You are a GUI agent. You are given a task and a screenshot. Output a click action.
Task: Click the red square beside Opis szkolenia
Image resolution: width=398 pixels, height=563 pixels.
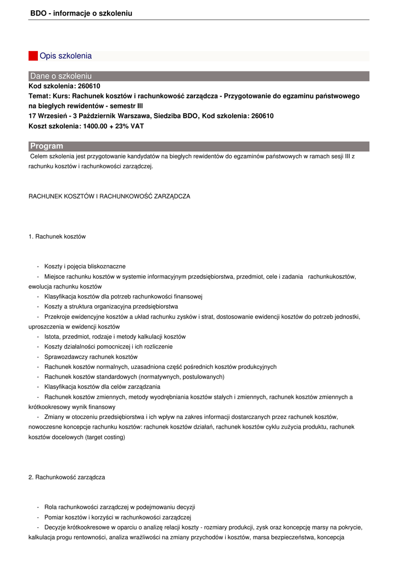33,56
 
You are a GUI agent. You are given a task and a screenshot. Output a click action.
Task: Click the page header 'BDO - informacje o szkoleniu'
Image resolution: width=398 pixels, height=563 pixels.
81,13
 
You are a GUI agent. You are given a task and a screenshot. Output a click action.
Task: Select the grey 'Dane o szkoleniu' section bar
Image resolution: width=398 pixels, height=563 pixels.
199,76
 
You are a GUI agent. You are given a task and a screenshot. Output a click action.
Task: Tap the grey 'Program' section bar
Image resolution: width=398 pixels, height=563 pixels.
199,146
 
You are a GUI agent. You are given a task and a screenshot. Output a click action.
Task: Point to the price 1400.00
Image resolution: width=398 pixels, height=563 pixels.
96,126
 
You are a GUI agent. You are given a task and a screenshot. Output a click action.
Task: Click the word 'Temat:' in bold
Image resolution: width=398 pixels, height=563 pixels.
40,96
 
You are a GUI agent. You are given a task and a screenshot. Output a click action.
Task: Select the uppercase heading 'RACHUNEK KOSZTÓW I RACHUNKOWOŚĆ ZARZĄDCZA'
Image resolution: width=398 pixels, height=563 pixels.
109,196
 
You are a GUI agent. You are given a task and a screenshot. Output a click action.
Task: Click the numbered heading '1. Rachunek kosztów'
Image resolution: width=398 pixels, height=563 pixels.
57,236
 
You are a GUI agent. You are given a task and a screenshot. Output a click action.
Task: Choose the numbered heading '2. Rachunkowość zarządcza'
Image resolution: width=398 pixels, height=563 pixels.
66,477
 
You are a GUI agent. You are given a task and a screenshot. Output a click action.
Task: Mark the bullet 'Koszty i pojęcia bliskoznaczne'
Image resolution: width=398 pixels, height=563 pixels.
85,266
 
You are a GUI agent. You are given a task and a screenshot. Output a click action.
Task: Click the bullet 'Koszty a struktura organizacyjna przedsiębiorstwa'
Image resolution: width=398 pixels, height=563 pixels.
111,306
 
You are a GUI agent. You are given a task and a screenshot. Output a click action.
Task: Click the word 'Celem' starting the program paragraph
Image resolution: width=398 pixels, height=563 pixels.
39,157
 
